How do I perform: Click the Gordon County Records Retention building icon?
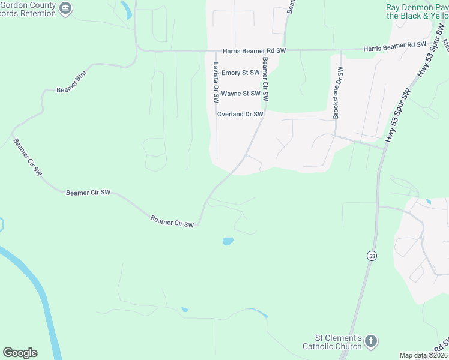coord(66,8)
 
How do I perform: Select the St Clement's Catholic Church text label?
coord(332,342)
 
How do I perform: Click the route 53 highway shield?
coord(372,256)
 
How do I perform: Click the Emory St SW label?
coord(240,73)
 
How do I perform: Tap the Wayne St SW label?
coord(240,94)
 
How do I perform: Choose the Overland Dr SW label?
coord(240,114)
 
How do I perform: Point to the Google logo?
coord(20,353)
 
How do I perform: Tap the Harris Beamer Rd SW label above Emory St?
coord(254,52)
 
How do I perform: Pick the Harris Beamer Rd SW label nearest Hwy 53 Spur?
coord(394,45)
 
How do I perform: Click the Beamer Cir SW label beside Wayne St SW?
coord(264,79)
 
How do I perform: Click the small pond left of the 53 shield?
coord(228,241)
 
